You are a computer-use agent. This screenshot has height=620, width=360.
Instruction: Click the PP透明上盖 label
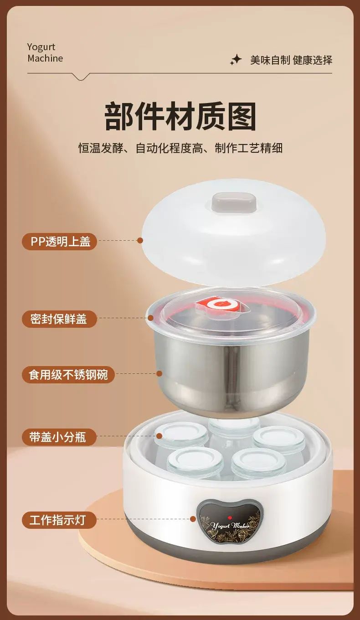(x=59, y=241)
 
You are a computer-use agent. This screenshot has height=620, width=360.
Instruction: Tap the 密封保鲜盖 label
(x=59, y=319)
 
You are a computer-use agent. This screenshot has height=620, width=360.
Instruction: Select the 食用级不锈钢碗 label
(x=68, y=375)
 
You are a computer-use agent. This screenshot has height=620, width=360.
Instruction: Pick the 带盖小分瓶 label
(x=59, y=437)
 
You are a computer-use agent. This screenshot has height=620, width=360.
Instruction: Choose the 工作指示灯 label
(x=59, y=520)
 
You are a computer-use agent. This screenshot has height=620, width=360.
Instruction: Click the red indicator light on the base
(x=229, y=518)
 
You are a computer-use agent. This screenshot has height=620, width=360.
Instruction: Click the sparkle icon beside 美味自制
(x=236, y=60)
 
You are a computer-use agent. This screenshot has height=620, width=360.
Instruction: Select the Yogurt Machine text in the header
(x=45, y=52)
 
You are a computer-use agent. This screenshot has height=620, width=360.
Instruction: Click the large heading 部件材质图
(x=180, y=116)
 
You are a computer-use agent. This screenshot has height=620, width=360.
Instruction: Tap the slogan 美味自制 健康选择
(x=291, y=60)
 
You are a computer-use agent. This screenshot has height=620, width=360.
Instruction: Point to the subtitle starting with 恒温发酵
(x=180, y=148)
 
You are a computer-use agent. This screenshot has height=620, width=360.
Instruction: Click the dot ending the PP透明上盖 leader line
(x=140, y=240)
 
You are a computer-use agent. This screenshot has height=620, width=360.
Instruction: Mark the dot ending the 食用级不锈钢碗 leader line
(x=159, y=373)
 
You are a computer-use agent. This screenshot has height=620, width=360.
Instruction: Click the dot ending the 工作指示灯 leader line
(x=193, y=519)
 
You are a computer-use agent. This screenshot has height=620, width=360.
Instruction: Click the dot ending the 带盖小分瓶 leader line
(x=159, y=436)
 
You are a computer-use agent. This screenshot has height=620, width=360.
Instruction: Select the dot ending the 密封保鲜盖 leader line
(x=150, y=318)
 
